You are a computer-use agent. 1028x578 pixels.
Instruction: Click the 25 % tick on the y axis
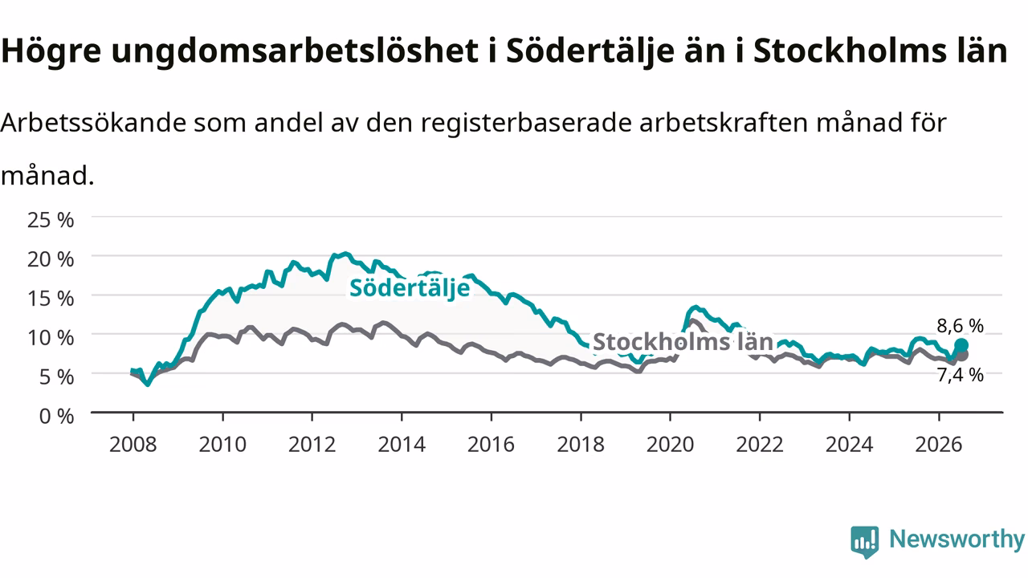(x=51, y=220)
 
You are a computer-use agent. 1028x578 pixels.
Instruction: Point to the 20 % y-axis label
(x=51, y=259)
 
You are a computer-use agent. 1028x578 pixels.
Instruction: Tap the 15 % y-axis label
(x=51, y=299)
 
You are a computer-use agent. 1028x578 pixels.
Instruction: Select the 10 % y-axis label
(x=51, y=338)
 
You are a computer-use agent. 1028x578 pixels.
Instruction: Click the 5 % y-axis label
(x=56, y=377)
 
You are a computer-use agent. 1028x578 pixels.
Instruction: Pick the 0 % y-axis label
(x=56, y=417)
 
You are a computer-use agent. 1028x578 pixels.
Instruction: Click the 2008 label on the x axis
(x=133, y=445)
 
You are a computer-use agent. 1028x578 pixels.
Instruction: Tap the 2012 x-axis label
(x=312, y=445)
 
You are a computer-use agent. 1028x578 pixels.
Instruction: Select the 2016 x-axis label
(x=491, y=445)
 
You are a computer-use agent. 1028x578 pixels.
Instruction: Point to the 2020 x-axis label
(x=670, y=445)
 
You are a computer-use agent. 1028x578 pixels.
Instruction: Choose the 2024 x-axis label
(x=850, y=445)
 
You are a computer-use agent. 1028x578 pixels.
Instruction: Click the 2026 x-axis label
(x=939, y=445)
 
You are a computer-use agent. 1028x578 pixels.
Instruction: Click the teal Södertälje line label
(x=410, y=288)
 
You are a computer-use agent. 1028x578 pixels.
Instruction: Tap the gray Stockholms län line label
(x=683, y=342)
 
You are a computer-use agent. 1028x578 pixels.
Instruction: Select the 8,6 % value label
(x=960, y=326)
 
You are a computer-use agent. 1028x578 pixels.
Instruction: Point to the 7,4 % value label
(x=960, y=375)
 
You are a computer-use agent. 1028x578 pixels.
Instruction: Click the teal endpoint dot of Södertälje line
(x=961, y=345)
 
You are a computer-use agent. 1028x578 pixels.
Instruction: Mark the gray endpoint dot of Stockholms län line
(x=962, y=355)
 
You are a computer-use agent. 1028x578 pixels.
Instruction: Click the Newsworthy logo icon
(x=865, y=542)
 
